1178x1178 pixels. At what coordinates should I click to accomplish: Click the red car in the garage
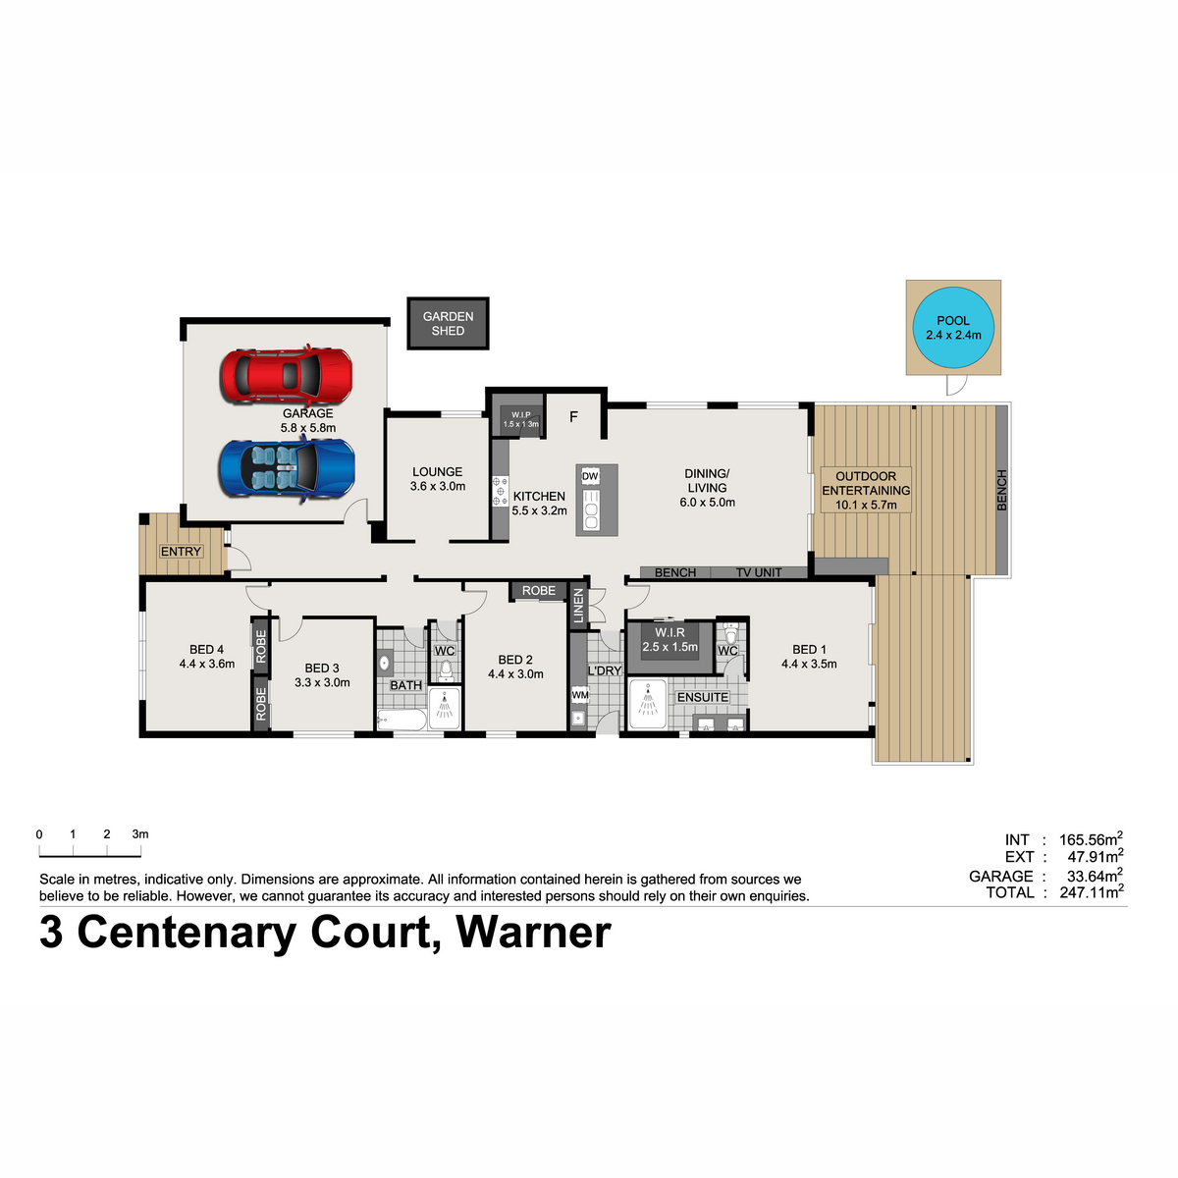pos(286,375)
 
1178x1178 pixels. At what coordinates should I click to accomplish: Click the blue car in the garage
pos(287,469)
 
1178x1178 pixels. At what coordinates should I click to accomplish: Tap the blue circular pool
pos(952,328)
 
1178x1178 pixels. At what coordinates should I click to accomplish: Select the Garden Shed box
pos(448,323)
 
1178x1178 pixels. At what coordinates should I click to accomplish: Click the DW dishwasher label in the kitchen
pos(589,476)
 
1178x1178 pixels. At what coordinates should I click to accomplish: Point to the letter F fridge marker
pos(573,417)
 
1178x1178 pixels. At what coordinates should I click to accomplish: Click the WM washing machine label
pos(579,695)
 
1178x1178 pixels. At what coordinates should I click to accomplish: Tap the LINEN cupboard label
pos(578,606)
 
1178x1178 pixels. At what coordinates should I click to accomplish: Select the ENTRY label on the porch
pos(181,552)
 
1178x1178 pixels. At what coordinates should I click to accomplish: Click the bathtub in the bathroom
pos(402,720)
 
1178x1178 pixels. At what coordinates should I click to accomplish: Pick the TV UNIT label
pos(758,572)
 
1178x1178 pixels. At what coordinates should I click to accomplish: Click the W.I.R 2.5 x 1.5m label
pos(669,639)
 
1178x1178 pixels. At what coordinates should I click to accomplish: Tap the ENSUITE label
pos(703,698)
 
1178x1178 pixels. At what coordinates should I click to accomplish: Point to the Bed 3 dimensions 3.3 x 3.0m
pos(322,682)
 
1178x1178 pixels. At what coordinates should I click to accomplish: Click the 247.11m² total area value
pos(1092,891)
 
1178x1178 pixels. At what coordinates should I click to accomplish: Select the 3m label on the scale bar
pos(140,833)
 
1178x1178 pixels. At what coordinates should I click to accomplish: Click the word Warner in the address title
pos(533,933)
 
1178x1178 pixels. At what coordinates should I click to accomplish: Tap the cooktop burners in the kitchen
pos(500,491)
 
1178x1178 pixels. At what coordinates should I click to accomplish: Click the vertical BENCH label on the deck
pos(1001,490)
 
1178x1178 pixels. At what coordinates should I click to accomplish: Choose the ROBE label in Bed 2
pos(539,591)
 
